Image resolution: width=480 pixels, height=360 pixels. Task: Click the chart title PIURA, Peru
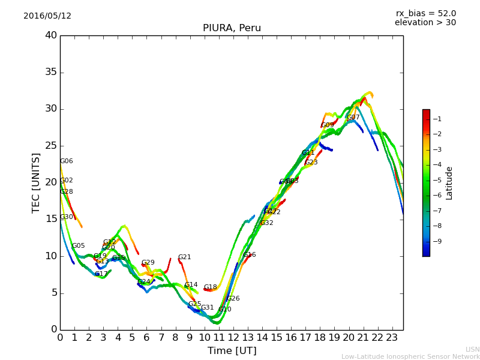pos(232,28)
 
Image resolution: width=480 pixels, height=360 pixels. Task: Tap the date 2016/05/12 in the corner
pos(47,16)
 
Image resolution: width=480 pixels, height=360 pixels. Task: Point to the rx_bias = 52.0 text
pos(425,13)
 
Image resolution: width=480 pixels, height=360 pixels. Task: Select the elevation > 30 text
pos(425,23)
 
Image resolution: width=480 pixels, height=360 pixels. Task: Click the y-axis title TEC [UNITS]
pos(36,182)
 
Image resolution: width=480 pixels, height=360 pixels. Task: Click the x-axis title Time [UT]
pos(232,350)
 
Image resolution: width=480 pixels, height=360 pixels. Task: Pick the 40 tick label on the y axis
pos(50,35)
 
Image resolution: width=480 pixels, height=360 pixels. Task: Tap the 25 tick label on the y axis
pos(50,146)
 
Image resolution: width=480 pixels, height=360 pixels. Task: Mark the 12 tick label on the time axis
pos(233,337)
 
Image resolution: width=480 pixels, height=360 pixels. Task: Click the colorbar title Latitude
pos(449,183)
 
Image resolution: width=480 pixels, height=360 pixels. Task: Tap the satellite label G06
pos(67,161)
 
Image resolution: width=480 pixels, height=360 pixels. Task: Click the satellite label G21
pos(184,257)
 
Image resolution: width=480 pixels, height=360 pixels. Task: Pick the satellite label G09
pos(328,125)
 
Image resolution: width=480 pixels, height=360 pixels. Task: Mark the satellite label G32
pos(266,223)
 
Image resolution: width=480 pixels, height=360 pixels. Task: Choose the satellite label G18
pos(210,287)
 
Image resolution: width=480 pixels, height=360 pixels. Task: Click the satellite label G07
pos(353,118)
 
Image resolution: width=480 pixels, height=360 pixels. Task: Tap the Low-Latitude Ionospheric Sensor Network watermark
pos(410,356)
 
